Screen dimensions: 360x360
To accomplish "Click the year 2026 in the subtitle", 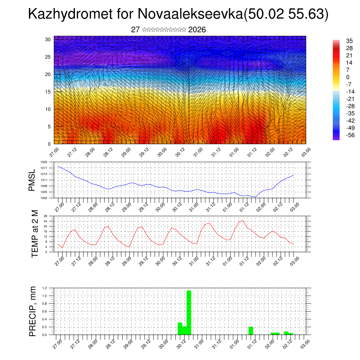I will [x=197, y=30].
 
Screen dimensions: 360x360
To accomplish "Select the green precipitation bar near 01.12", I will [x=251, y=330].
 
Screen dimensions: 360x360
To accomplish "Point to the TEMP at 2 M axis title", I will [x=34, y=233].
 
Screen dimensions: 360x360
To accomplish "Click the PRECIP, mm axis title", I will [x=32, y=311].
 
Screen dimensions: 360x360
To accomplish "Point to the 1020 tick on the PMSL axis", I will [x=44, y=162].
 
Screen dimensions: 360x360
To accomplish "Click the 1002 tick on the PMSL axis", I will [x=44, y=198].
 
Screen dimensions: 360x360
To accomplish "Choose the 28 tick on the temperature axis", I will [x=45, y=216].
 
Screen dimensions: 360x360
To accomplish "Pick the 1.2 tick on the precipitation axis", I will [x=45, y=288].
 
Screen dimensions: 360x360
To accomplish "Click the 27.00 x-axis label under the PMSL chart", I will [x=58, y=207].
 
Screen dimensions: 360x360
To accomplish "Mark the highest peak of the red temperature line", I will [x=243, y=221].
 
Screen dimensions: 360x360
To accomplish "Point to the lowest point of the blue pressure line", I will [x=256, y=197].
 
